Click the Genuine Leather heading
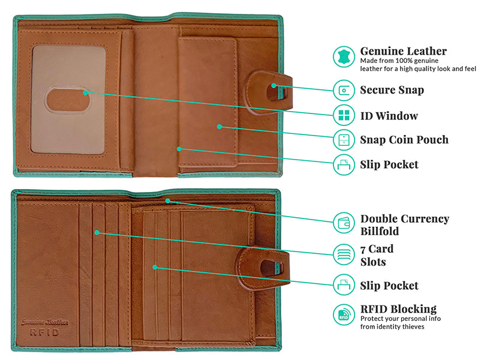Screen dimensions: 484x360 point(404,51)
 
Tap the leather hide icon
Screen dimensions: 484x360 point(344,56)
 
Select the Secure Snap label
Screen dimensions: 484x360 point(392,90)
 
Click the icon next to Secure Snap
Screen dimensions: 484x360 point(344,90)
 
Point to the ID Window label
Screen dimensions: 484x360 point(389,116)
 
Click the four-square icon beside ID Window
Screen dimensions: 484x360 point(344,115)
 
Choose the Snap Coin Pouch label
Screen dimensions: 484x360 point(404,140)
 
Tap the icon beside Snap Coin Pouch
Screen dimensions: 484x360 point(344,140)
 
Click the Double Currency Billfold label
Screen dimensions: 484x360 point(405,225)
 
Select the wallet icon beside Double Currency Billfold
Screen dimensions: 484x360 point(344,223)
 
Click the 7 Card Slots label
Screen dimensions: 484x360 point(377,256)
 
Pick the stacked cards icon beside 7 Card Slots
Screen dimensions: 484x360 point(344,254)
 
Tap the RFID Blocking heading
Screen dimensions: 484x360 point(398,309)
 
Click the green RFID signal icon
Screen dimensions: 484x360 point(344,314)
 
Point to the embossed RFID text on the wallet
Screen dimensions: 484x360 point(44,332)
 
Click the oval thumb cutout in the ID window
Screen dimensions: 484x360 point(68,100)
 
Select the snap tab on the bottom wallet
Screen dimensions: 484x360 point(263,268)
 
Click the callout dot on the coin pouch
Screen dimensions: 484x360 point(219,127)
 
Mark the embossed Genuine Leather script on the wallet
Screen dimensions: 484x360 point(45,322)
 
